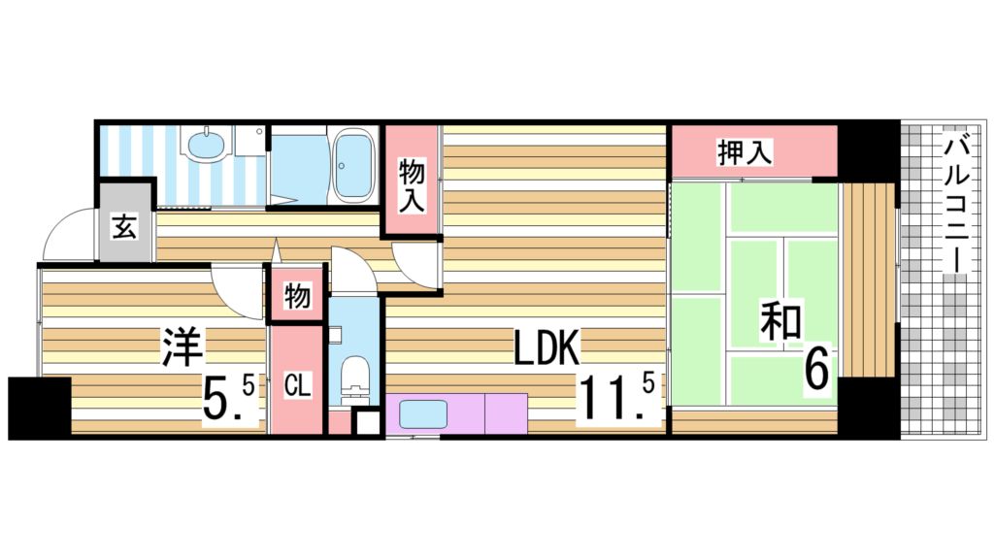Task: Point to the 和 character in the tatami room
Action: coord(780,323)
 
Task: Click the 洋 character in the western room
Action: coord(182,346)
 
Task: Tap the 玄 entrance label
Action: coord(124,230)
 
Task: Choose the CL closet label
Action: coord(296,386)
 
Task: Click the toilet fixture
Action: coord(356,378)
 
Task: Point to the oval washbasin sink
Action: coord(206,147)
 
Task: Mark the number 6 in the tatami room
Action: coord(817,369)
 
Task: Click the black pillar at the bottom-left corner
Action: coord(39,407)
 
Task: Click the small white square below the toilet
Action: coord(365,423)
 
